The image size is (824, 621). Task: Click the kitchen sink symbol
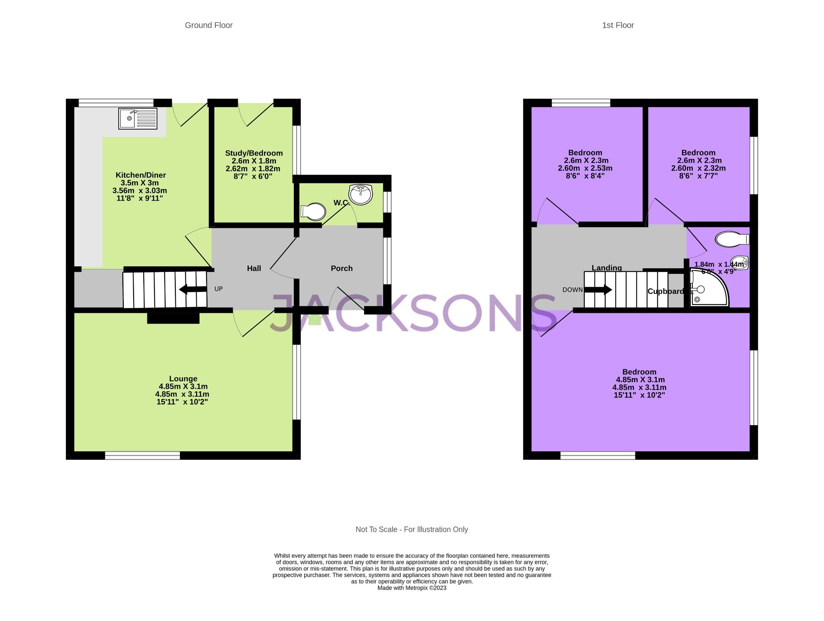point(138,118)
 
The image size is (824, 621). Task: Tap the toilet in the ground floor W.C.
point(313,212)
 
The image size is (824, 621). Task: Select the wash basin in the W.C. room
point(361,195)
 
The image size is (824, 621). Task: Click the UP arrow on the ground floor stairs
point(193,289)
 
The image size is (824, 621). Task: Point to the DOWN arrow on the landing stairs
point(598,290)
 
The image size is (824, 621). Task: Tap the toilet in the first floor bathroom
point(731,239)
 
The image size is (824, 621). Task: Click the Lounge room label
point(183,378)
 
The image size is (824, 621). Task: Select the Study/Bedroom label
point(254,153)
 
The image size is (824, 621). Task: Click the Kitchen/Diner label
point(140,175)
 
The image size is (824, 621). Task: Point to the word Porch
point(342,268)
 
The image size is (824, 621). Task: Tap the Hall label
point(254,268)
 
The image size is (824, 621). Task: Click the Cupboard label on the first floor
point(665,292)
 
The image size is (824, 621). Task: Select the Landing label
point(607,267)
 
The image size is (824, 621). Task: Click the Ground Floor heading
point(208,25)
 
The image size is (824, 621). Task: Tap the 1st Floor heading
point(618,25)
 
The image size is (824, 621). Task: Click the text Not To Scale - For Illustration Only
point(412,529)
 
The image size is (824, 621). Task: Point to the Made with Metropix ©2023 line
point(412,588)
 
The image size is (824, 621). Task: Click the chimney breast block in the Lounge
point(173,318)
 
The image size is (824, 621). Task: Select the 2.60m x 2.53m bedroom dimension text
point(585,168)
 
